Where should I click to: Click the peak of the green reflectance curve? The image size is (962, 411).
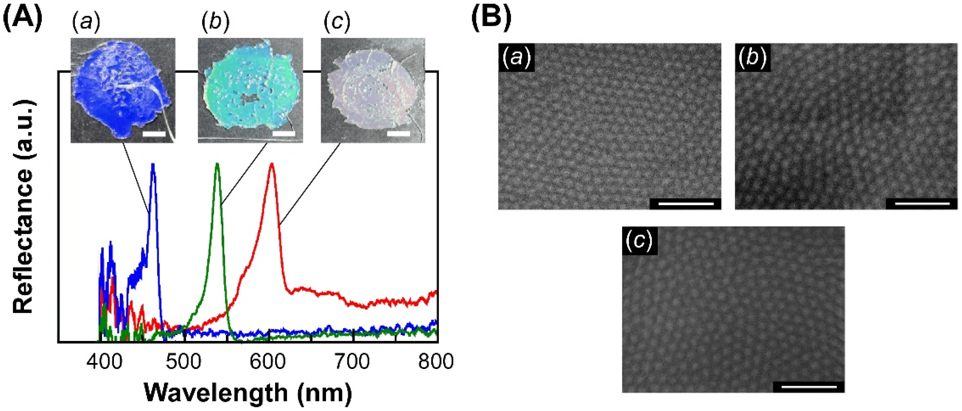(x=217, y=164)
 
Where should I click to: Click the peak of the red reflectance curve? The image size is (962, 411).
(x=272, y=164)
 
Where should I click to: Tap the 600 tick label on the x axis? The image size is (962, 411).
(x=268, y=362)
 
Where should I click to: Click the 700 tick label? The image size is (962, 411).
(x=352, y=362)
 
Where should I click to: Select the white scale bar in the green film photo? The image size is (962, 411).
(x=284, y=133)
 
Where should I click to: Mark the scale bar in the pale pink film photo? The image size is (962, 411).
(x=398, y=133)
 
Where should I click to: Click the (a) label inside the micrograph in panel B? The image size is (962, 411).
(x=516, y=58)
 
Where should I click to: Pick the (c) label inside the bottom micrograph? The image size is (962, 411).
(x=639, y=241)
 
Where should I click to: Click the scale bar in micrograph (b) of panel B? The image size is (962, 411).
(x=922, y=204)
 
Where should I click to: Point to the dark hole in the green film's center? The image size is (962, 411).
(x=250, y=98)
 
